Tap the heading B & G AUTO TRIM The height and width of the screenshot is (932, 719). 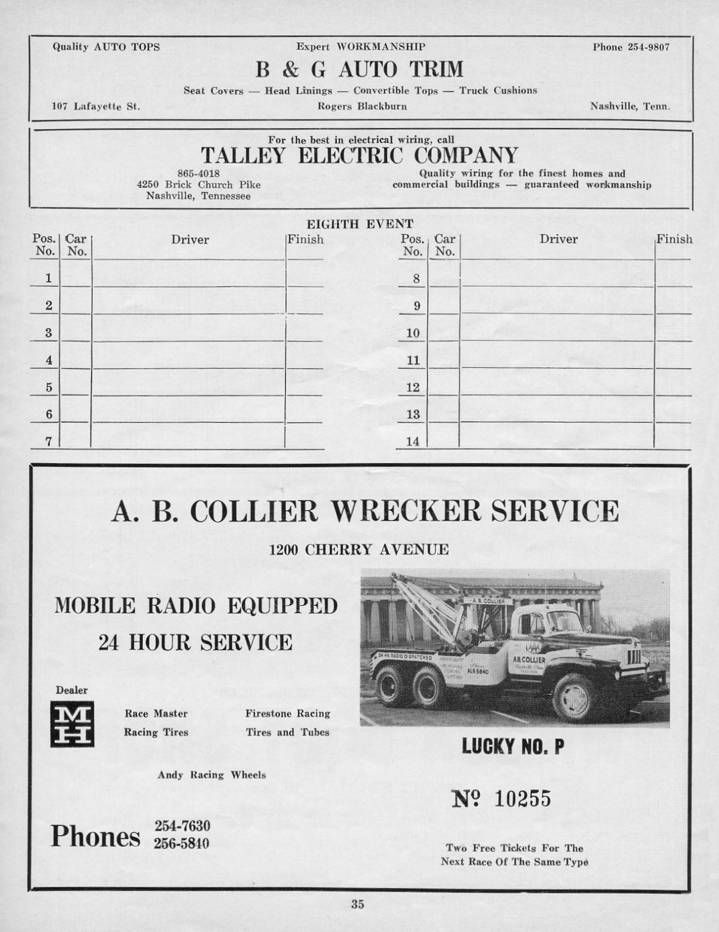click(x=359, y=70)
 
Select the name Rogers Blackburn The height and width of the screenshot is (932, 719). click(x=362, y=106)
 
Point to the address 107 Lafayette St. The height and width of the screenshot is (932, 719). click(x=96, y=107)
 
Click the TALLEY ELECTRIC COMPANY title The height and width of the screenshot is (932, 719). click(x=359, y=156)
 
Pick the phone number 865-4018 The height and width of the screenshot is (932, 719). click(x=199, y=174)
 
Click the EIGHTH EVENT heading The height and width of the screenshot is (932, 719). click(x=360, y=224)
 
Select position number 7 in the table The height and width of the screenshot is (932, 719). click(x=49, y=441)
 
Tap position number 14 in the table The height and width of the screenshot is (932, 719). click(x=413, y=441)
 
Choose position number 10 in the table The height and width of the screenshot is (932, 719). click(x=413, y=333)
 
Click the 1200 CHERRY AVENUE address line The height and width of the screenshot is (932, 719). click(x=359, y=550)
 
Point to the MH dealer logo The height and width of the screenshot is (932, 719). click(x=72, y=725)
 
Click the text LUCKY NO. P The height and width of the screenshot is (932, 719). click(x=513, y=747)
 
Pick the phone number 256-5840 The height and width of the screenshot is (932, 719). click(x=182, y=843)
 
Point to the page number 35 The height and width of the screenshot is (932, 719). click(x=358, y=904)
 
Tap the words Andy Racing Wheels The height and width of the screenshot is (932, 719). click(x=211, y=775)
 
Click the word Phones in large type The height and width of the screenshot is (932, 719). click(x=96, y=836)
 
